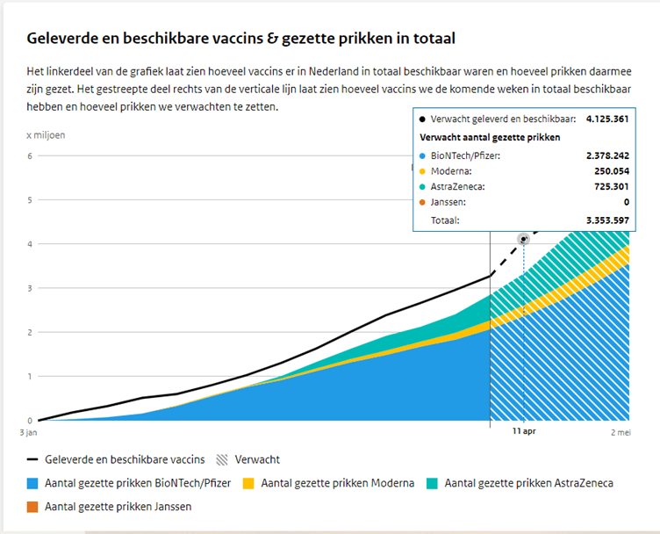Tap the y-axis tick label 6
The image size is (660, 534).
pos(30,156)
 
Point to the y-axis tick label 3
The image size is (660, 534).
pos(30,288)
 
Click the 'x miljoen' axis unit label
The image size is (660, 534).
pos(46,134)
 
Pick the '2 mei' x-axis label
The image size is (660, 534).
pos(621,433)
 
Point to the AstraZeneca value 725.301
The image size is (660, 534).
pos(609,187)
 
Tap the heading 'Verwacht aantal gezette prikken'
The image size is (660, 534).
pos(490,137)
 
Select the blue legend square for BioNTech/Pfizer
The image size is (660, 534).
pos(33,483)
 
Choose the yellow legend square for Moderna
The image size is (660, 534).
pos(248,483)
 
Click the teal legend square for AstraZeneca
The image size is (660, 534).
pos(433,483)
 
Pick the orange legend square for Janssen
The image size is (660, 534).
pos(33,506)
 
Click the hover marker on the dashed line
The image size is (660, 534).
pos(524,239)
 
